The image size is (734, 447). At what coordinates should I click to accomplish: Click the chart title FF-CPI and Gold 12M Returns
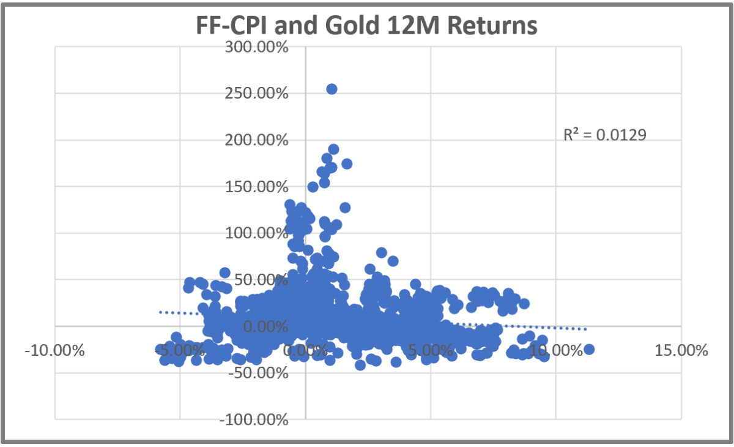tap(366, 26)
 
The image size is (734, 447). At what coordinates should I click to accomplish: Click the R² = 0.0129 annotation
tap(604, 135)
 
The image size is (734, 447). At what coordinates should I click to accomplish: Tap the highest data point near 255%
tap(332, 89)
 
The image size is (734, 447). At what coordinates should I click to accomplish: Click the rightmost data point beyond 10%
tap(589, 349)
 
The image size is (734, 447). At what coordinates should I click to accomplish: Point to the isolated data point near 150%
tap(313, 187)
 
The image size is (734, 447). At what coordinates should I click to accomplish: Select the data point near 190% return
tap(333, 149)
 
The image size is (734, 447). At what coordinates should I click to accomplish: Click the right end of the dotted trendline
tap(586, 329)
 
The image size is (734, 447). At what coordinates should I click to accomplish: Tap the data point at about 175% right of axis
tap(347, 163)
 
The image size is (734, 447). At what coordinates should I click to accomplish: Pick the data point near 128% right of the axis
tap(345, 208)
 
